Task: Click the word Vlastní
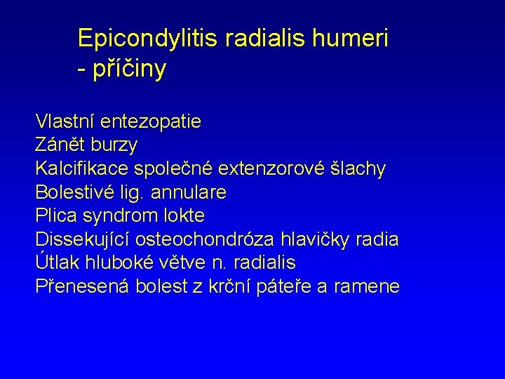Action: pos(65,122)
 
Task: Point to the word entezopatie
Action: pos(151,122)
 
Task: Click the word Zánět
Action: pos(60,145)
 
